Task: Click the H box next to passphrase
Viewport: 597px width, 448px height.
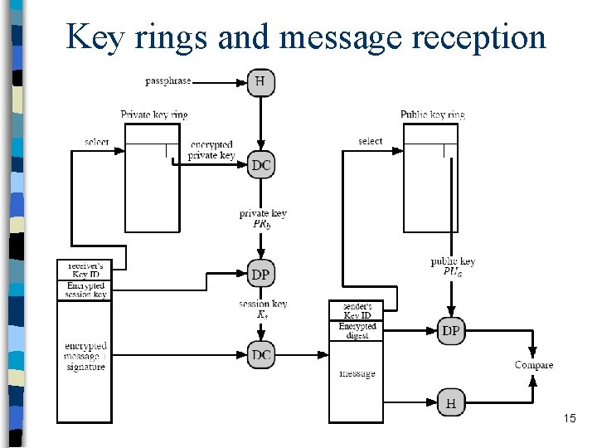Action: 261,81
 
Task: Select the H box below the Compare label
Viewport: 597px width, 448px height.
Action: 451,403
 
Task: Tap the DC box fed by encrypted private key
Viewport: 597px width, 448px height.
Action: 261,165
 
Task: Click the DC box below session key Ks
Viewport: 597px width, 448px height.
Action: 261,355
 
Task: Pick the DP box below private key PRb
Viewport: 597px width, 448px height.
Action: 261,275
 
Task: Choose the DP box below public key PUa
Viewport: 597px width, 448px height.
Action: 451,330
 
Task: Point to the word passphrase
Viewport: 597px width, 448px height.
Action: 167,81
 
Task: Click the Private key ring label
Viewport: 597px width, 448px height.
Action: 153,114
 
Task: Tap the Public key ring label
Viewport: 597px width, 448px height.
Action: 432,114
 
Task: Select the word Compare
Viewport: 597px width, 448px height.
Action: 534,365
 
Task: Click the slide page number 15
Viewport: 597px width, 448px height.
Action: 569,418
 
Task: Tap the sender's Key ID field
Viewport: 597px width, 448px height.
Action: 357,310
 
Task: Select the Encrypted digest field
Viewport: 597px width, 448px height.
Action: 357,330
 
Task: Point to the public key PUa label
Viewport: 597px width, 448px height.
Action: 453,266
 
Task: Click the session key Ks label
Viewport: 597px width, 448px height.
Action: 263,309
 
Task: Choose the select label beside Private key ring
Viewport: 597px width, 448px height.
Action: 97,142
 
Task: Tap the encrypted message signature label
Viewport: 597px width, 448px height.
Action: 85,356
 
